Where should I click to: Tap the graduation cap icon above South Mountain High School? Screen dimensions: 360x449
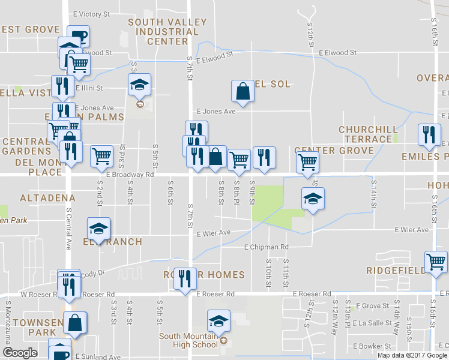click(x=218, y=322)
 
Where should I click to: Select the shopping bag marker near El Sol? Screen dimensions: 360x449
click(x=243, y=91)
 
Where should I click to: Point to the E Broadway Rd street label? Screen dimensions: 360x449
click(x=130, y=175)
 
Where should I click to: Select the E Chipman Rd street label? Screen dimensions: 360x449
click(x=267, y=247)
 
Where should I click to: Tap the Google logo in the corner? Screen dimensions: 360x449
click(x=20, y=353)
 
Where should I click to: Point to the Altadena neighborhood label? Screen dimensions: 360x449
click(x=47, y=197)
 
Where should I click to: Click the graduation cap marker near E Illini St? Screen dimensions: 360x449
click(x=139, y=85)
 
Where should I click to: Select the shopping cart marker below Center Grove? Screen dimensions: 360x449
click(x=307, y=161)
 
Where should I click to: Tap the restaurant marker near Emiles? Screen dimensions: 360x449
click(x=429, y=134)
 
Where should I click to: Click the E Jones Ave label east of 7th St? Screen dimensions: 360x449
click(x=216, y=112)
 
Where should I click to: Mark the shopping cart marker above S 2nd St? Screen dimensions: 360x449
click(x=101, y=157)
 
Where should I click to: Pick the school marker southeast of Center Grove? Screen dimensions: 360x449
click(x=313, y=199)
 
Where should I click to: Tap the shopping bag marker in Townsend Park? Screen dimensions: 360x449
click(x=76, y=323)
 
